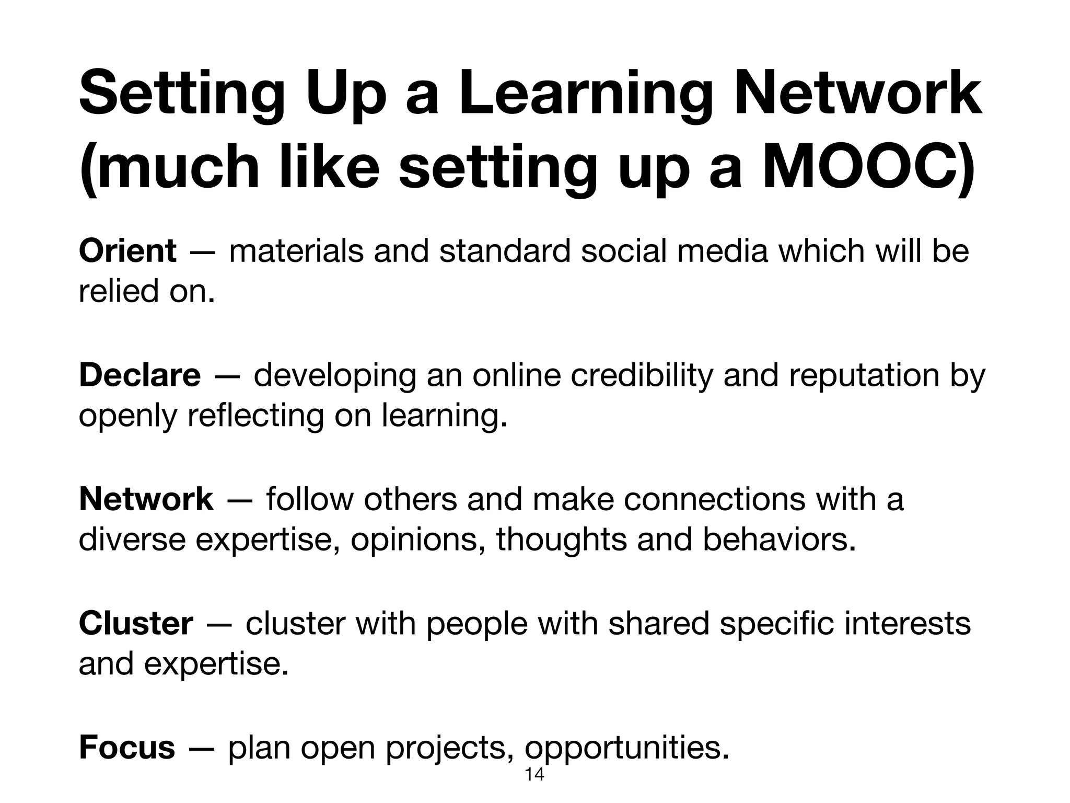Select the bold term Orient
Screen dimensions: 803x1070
pos(127,251)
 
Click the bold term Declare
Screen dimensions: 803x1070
pos(139,375)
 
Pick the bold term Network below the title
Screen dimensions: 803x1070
pos(146,499)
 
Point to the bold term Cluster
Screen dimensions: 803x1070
pos(136,623)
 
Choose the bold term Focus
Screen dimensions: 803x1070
pos(127,747)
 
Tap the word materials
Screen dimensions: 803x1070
pos(296,251)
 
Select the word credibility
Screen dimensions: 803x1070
pos(642,375)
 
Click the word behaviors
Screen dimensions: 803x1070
pos(778,540)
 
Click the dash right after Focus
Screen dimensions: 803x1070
pos(202,748)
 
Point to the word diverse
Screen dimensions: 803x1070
pos(132,540)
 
